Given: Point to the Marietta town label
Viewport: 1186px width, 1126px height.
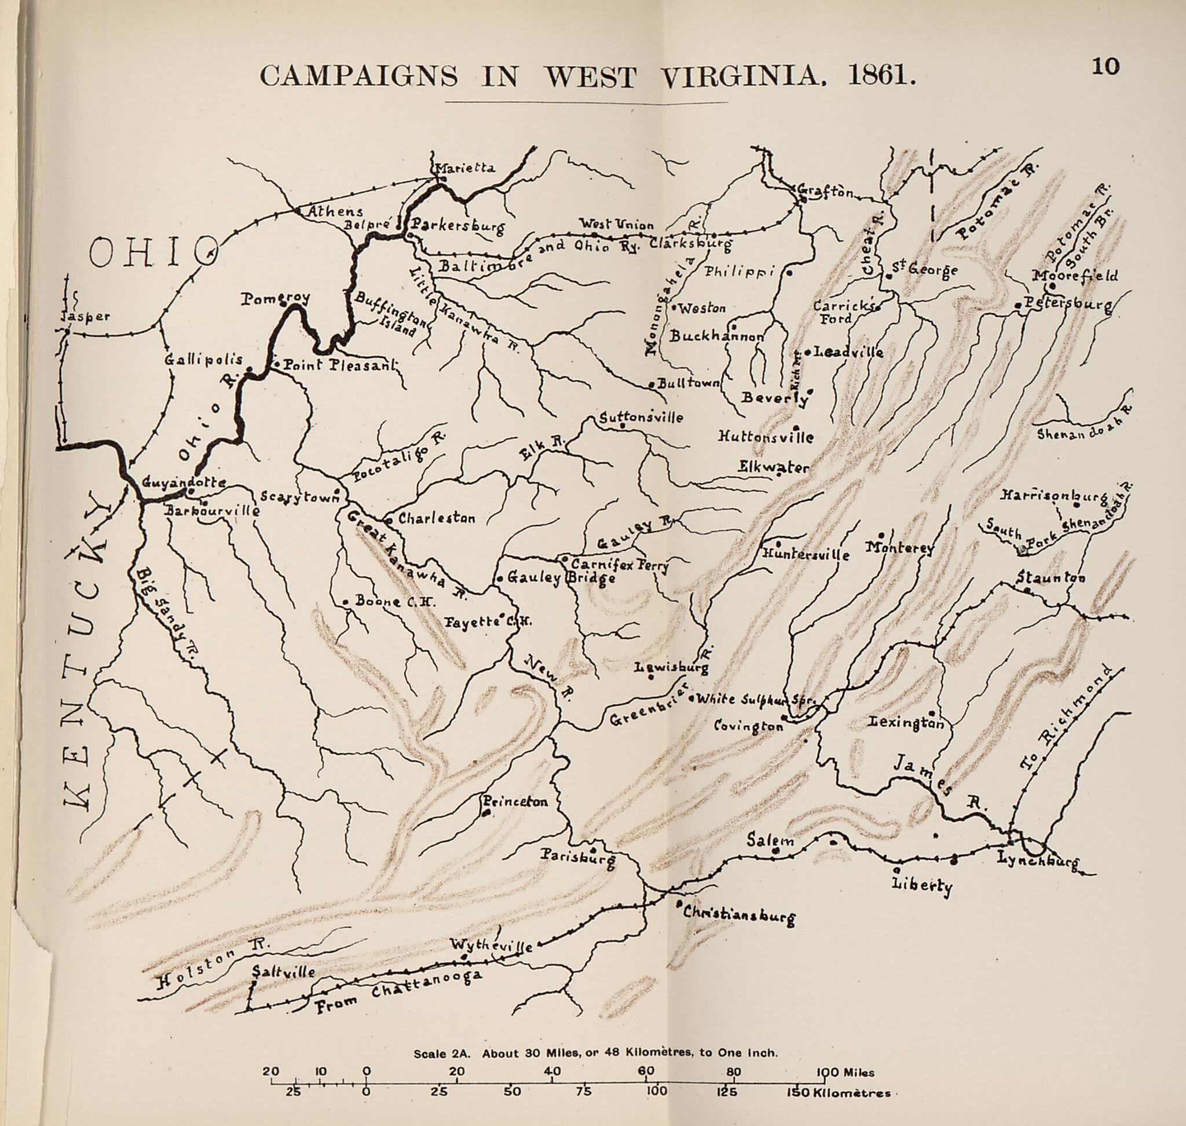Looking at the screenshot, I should click(465, 168).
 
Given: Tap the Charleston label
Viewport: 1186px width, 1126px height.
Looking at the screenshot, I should click(436, 518).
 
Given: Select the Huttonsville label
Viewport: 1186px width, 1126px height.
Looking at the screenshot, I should click(765, 437).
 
